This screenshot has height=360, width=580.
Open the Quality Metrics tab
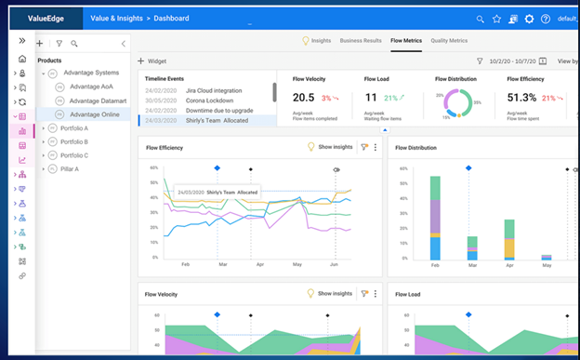tap(449, 41)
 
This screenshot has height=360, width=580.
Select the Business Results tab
tap(360, 41)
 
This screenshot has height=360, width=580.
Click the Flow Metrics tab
tap(407, 41)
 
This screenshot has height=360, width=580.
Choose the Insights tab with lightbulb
tap(317, 41)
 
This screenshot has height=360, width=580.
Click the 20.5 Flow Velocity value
tap(303, 97)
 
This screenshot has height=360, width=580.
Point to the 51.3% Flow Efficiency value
tap(522, 97)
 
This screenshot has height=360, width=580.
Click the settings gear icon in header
tap(529, 19)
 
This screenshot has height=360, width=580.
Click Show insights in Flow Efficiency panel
tap(331, 147)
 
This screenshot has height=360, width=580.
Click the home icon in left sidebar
tap(22, 59)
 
